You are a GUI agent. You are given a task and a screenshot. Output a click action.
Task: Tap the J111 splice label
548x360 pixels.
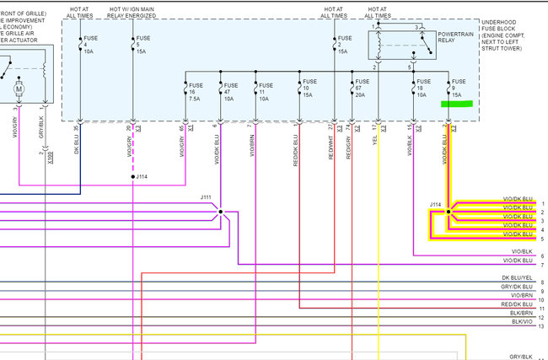(207, 197)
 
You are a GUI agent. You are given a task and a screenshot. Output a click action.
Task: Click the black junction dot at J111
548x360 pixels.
(221, 212)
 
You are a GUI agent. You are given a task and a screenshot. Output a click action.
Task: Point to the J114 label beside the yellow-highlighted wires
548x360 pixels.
(435, 204)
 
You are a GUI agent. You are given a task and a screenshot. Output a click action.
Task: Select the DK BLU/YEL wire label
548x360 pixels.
(518, 277)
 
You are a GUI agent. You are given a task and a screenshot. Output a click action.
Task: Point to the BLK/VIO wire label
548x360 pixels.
(522, 321)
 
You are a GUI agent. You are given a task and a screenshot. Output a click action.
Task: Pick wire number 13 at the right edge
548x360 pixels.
(542, 325)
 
